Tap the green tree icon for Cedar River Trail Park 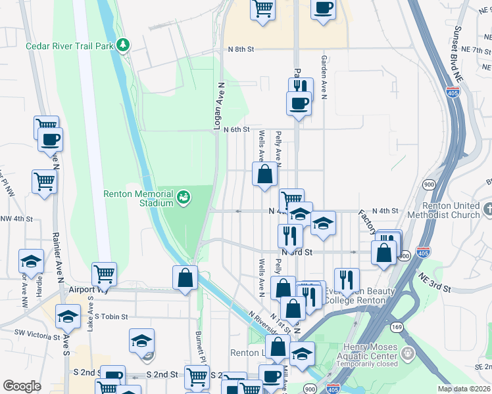122,45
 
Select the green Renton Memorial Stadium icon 184,196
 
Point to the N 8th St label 241,50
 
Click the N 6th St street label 237,129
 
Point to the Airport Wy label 82,289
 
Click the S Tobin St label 110,317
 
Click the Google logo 22,386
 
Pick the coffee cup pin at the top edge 322,9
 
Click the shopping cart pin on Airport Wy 104,273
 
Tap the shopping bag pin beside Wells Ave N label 264,175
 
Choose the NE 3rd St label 435,283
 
